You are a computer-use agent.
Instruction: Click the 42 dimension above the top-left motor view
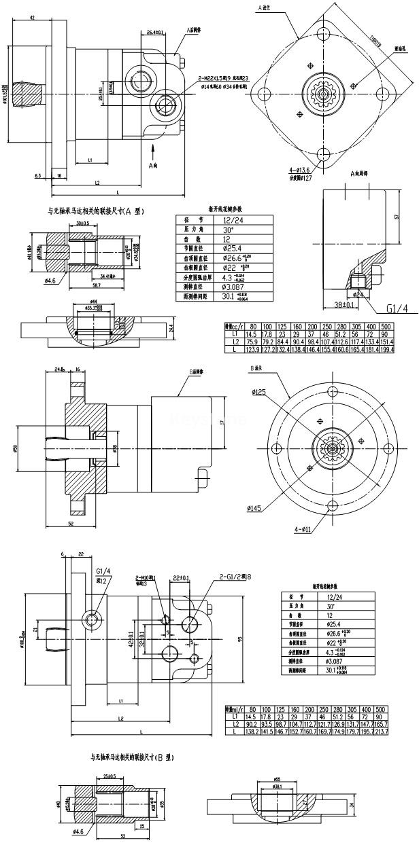33,18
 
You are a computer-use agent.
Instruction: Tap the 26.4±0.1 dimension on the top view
154,31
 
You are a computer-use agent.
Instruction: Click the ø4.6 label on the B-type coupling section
76,831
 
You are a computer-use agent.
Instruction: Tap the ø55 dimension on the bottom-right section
278,780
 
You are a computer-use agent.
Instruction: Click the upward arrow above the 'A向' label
154,149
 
